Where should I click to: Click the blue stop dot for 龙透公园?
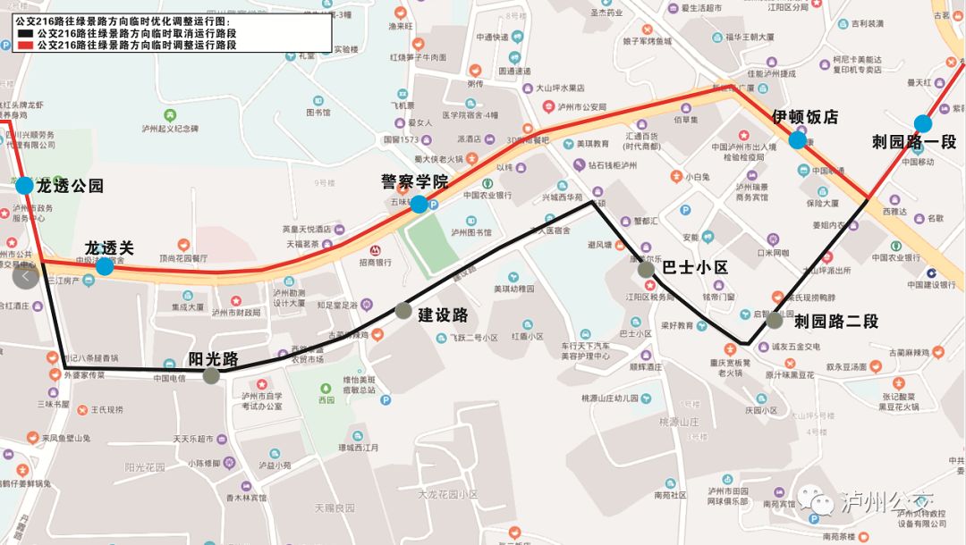click(x=24, y=186)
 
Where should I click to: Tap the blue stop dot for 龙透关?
click(x=105, y=266)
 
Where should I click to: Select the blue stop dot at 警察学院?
click(x=419, y=205)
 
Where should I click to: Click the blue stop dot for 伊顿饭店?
click(x=797, y=140)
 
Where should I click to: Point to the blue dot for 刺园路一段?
click(x=922, y=124)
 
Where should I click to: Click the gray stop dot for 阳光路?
click(x=211, y=375)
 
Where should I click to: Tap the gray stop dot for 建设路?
click(x=403, y=311)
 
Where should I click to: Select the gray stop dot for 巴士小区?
click(x=646, y=268)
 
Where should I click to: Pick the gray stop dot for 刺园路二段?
click(x=774, y=320)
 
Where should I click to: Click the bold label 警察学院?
click(x=415, y=182)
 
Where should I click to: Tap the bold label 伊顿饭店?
click(x=805, y=117)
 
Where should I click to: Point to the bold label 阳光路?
click(x=213, y=359)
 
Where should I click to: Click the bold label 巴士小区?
click(x=696, y=268)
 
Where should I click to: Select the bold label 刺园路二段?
click(x=836, y=321)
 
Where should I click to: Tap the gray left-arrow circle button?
click(x=25, y=277)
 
